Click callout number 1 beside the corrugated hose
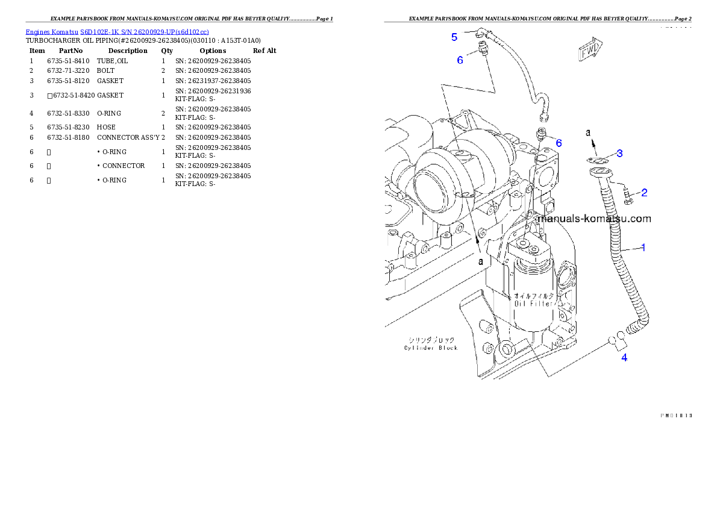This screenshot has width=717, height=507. (x=643, y=247)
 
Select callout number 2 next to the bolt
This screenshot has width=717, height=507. (x=644, y=193)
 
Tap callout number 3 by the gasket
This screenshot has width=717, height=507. (x=619, y=153)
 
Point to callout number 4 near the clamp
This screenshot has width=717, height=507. (x=624, y=358)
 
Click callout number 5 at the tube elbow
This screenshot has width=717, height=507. (x=454, y=37)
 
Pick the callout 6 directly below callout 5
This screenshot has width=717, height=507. (x=460, y=60)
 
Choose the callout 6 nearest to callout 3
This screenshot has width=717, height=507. (x=559, y=143)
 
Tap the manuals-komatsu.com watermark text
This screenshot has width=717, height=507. (x=593, y=219)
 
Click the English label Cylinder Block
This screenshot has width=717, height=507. (x=431, y=347)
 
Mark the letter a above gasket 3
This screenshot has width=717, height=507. (x=590, y=131)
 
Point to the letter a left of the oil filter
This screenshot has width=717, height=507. (x=481, y=261)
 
